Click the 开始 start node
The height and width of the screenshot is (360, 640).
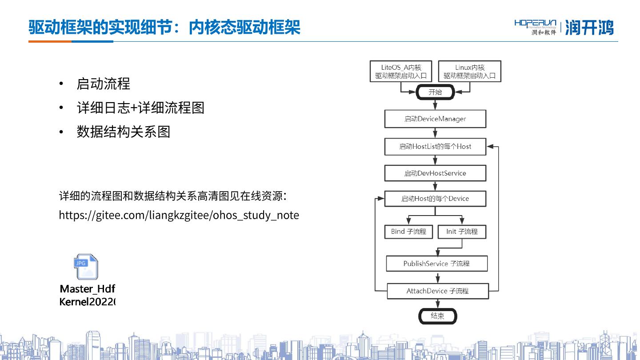(435, 92)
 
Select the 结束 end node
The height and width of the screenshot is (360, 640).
(437, 316)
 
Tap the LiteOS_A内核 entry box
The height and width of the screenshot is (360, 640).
(401, 71)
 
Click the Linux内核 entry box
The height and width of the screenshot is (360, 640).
(469, 71)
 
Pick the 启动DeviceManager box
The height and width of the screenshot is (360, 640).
(435, 119)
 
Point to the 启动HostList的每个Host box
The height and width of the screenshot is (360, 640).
(435, 146)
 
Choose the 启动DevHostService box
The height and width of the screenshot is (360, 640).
(435, 173)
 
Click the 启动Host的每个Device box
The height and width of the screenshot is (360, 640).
(435, 199)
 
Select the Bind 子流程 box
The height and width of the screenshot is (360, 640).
(408, 232)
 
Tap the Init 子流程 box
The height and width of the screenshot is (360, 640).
(462, 232)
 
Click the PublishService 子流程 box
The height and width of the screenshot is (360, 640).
(436, 264)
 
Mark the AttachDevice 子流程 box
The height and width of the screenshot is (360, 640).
(438, 291)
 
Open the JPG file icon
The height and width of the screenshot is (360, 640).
(86, 267)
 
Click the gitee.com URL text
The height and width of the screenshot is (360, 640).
(179, 215)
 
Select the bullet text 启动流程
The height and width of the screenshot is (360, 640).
(103, 84)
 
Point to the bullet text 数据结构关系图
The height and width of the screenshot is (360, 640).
(123, 132)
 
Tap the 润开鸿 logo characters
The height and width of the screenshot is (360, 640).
(589, 28)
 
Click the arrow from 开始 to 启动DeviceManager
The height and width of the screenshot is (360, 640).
(435, 104)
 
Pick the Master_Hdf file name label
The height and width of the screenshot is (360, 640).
(87, 289)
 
